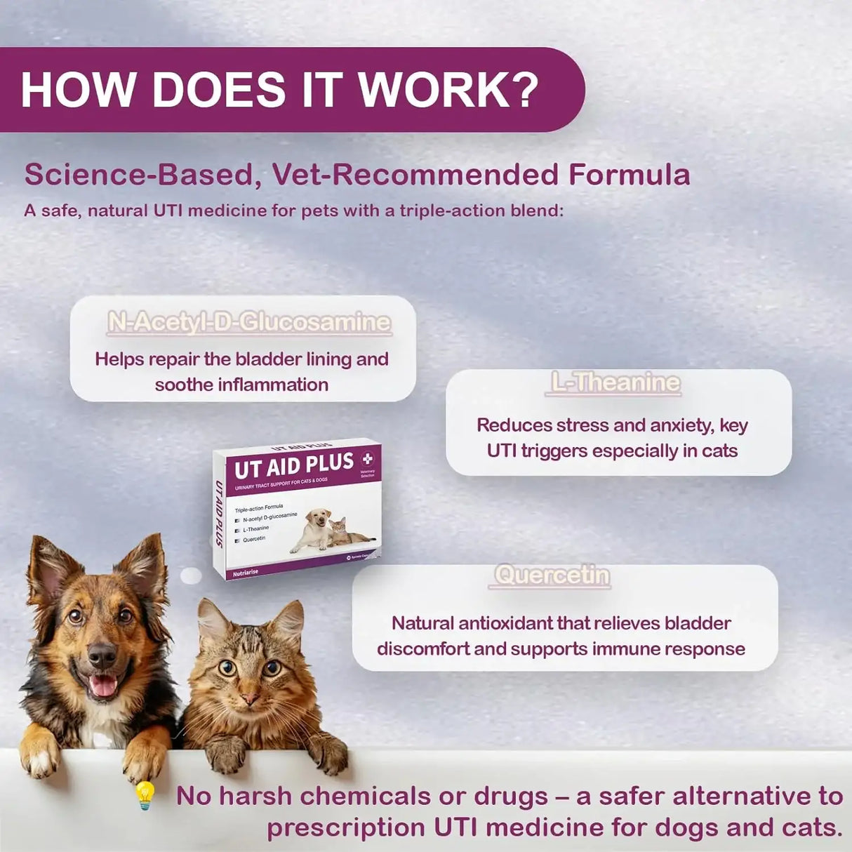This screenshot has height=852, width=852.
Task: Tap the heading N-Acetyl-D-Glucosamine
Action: (249, 322)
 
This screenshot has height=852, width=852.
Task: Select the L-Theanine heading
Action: (615, 382)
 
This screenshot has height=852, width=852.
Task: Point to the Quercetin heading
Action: (552, 575)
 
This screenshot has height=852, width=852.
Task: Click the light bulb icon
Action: (145, 795)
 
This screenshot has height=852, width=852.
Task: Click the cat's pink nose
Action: (249, 698)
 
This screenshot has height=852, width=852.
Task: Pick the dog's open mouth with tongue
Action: (103, 684)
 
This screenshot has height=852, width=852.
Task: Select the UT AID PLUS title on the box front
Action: (294, 466)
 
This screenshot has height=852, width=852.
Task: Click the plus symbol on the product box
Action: (368, 459)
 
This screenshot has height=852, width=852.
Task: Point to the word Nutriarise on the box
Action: (246, 573)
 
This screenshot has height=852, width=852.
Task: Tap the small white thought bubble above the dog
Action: (191, 576)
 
